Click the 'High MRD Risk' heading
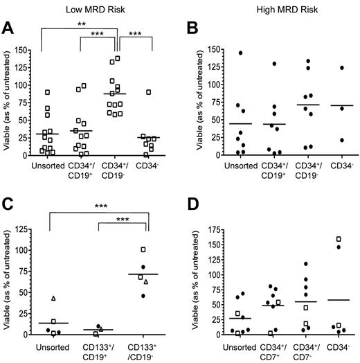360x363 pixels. tap(271, 7)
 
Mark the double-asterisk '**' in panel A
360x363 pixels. tap(82, 24)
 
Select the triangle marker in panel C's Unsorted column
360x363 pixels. tap(53, 299)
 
